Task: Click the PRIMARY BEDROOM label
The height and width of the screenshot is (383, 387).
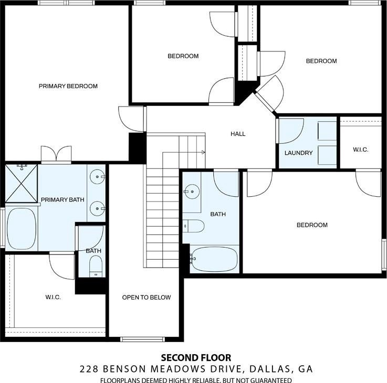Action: click(x=68, y=86)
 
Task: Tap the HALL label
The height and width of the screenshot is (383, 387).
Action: click(x=238, y=134)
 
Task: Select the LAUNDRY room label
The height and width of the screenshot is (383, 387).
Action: click(x=299, y=153)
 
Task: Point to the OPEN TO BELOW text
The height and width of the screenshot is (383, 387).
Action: click(x=147, y=297)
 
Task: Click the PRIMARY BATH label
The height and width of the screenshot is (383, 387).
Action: click(x=62, y=200)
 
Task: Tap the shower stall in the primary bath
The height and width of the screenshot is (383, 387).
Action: click(x=22, y=184)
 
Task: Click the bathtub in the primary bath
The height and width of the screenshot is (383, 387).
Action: click(x=22, y=229)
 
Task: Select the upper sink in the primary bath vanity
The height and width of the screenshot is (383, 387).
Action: click(x=97, y=177)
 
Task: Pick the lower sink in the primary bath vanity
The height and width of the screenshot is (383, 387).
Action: click(x=97, y=209)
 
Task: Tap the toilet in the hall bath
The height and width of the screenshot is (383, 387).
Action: click(x=194, y=226)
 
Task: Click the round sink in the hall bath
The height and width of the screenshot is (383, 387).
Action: click(x=192, y=191)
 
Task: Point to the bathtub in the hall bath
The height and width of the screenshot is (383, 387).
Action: click(x=214, y=259)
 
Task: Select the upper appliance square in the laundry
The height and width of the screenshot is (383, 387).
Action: click(x=327, y=131)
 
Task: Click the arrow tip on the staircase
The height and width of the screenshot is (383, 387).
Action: click(x=205, y=152)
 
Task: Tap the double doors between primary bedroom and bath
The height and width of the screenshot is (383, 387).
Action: click(x=56, y=155)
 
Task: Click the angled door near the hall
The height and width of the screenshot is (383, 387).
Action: click(x=269, y=94)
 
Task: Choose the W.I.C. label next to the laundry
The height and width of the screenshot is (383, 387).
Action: click(x=361, y=150)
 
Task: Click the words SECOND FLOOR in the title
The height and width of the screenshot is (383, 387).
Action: click(x=196, y=357)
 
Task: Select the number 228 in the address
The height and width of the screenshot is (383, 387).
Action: click(x=89, y=369)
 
